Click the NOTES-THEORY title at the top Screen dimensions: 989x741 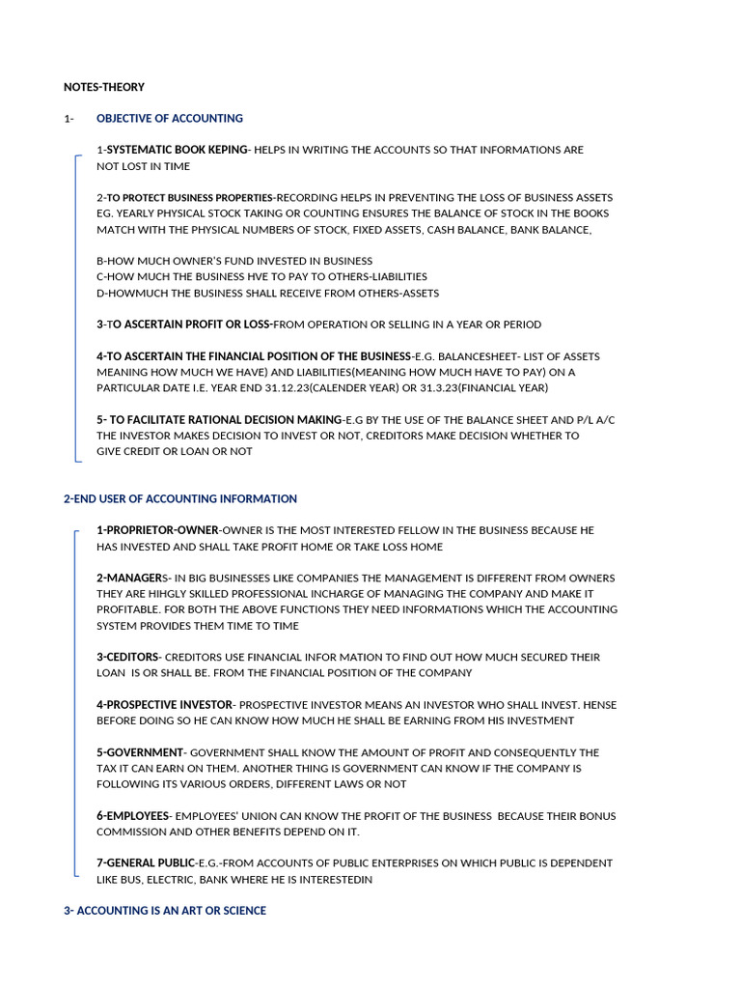pyautogui.click(x=104, y=87)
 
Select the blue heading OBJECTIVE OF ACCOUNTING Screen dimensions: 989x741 pyautogui.click(x=170, y=119)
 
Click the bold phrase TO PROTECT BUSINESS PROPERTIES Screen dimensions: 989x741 pyautogui.click(x=191, y=198)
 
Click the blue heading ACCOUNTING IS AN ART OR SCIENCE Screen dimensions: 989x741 pyautogui.click(x=171, y=911)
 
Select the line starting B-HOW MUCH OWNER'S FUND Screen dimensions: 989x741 pyautogui.click(x=234, y=261)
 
